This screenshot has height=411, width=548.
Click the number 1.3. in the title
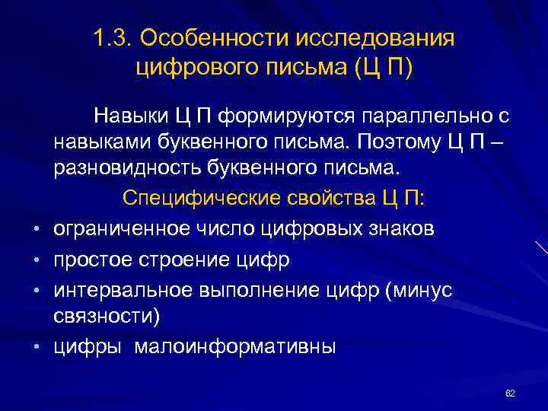[x=112, y=38]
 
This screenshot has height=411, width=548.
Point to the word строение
[x=177, y=260]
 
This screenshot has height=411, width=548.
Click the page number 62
[x=510, y=393]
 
